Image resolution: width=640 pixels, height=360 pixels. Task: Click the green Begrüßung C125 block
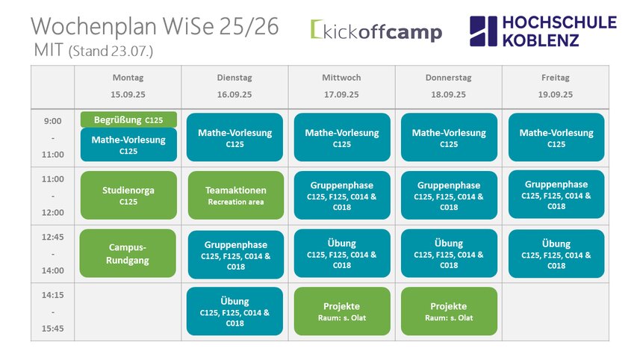[128, 120]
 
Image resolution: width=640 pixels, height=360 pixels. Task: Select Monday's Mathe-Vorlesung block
[128, 144]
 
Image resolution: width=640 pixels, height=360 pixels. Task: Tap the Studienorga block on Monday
[128, 195]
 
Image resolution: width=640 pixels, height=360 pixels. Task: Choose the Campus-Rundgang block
[128, 253]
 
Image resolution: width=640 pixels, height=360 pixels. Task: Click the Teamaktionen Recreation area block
[236, 195]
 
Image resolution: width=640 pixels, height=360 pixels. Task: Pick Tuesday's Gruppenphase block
[236, 255]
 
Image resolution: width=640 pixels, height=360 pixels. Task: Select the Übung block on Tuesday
[234, 311]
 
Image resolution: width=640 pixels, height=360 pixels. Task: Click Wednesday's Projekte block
[342, 311]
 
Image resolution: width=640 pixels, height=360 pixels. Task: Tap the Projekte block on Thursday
[449, 311]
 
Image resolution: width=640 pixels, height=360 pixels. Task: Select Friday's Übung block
[556, 254]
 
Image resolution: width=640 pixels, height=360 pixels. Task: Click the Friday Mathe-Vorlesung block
[556, 137]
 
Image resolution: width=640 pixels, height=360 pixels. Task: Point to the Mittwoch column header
[341, 78]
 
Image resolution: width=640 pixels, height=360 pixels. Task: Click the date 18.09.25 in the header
[449, 95]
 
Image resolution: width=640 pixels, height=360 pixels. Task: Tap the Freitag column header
[556, 78]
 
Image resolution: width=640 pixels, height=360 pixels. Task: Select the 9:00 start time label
[53, 121]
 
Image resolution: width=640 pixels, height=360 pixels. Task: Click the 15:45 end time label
[53, 329]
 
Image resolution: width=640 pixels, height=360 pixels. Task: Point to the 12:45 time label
[53, 238]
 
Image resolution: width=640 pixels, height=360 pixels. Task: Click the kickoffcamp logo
[376, 31]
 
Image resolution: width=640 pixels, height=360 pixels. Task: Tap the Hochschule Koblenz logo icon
[484, 31]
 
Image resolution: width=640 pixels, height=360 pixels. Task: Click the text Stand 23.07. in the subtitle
[111, 52]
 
